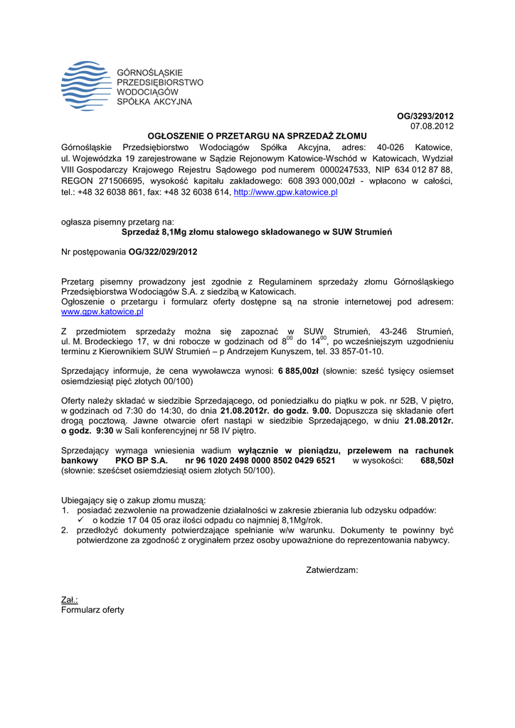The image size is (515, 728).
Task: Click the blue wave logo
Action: tap(86, 86)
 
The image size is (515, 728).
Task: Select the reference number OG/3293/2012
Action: tap(425, 116)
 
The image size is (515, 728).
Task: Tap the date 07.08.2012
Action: tap(432, 126)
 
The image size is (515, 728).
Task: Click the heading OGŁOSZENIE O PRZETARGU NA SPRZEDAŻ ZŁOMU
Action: tap(257, 135)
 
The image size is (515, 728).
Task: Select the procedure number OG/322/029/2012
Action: tap(163, 252)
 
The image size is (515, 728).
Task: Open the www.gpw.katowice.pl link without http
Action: tap(102, 311)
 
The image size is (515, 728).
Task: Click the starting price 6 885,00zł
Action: tap(298, 371)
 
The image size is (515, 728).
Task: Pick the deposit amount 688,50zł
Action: tap(437, 461)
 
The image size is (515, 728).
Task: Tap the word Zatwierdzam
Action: tap(331, 569)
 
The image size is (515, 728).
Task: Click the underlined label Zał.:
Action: tap(70, 600)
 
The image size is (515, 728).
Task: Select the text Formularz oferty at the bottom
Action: tap(92, 610)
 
